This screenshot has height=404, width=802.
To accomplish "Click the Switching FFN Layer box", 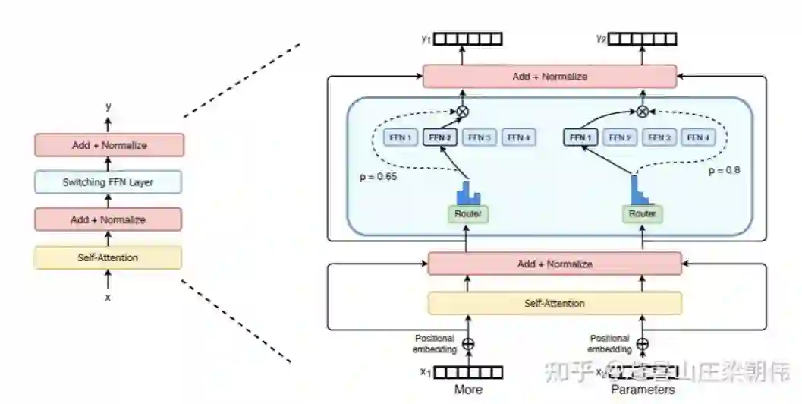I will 108,182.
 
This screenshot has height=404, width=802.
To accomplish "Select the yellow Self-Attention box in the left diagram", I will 108,257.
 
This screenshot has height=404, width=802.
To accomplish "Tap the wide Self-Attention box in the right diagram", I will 555,303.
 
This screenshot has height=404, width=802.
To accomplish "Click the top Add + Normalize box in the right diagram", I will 549,77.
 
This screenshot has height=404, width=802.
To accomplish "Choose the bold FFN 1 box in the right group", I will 580,137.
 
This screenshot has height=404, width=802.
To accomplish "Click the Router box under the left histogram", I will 468,214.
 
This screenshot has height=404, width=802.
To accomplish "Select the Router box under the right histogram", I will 642,214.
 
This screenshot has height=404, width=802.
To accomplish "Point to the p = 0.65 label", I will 379,176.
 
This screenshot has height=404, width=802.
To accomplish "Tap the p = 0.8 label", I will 725,171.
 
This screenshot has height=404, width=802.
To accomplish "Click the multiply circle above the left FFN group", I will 461,112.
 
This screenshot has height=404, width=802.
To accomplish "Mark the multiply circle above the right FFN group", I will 642,112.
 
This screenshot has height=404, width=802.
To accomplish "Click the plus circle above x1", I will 468,344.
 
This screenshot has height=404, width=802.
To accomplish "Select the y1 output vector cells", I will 468,39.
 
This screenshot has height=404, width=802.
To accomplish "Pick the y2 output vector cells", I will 644,39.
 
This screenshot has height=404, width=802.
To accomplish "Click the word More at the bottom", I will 468,390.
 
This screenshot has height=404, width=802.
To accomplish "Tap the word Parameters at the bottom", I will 643,390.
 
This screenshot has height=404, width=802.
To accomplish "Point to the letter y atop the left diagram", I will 108,107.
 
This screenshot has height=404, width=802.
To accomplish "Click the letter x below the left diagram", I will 108,297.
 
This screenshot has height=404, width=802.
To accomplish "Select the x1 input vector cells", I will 468,372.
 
